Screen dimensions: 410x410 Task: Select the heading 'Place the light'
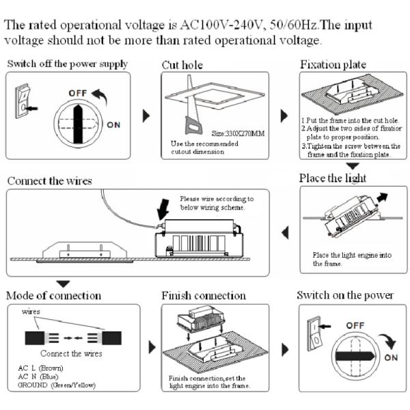coord(332,178)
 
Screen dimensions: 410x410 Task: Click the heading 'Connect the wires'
coord(49,181)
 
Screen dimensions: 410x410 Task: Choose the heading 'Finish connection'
coord(203,296)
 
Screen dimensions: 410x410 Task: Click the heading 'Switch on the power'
coord(345,295)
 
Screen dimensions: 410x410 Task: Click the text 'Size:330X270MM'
coord(238,133)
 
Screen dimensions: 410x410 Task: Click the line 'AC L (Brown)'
coord(40,368)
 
